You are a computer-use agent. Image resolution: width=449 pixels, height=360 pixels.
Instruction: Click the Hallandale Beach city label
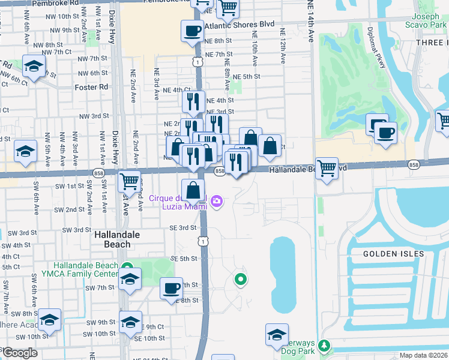(112, 240)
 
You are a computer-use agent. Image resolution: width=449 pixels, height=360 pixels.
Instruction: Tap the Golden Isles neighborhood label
(393, 254)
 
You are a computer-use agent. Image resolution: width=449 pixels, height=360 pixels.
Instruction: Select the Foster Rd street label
(91, 87)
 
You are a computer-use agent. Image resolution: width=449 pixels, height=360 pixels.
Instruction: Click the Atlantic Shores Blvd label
(239, 26)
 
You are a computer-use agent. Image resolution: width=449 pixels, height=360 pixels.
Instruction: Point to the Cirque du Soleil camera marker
(217, 202)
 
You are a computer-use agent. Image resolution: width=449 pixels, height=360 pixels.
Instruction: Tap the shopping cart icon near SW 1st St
(129, 180)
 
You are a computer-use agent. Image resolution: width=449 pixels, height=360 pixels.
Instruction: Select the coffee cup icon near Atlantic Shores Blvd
(192, 30)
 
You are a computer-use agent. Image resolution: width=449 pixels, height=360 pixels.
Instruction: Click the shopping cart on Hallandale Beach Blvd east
(327, 168)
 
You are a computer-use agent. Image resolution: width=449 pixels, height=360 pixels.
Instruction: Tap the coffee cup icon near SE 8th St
(172, 288)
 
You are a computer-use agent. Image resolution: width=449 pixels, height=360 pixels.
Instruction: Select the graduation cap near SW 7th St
(129, 279)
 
